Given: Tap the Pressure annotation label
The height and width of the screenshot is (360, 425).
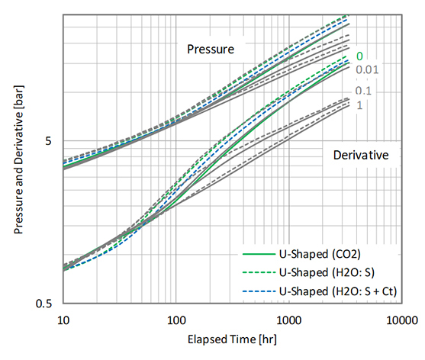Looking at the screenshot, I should [x=211, y=50].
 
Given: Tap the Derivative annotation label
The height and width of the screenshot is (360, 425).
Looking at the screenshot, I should [x=361, y=155].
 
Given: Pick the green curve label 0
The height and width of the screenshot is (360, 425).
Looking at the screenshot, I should [x=359, y=55].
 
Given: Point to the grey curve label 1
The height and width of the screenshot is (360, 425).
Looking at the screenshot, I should [x=359, y=105].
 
